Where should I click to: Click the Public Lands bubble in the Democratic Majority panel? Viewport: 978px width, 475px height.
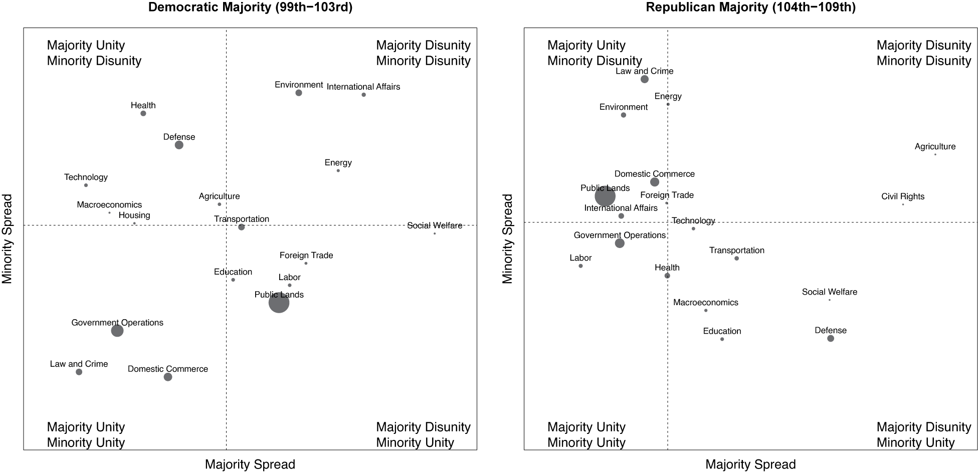tap(279, 303)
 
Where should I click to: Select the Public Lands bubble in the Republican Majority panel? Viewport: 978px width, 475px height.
tap(605, 196)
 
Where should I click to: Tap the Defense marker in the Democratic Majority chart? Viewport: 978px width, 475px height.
tap(179, 145)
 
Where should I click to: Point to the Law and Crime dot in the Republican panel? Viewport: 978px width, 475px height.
tap(645, 79)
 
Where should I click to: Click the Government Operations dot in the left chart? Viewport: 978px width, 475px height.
tap(117, 331)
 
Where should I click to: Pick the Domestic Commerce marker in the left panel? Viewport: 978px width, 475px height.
tap(168, 377)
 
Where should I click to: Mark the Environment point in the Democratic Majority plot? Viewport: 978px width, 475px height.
tap(299, 93)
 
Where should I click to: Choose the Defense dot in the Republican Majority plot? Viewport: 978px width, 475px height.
tap(831, 339)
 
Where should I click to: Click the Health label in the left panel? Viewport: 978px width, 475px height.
tap(143, 105)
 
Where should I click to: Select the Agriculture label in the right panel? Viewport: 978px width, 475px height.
tap(935, 146)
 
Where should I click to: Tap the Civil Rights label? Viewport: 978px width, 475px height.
tap(903, 196)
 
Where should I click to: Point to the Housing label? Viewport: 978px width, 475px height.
tap(134, 215)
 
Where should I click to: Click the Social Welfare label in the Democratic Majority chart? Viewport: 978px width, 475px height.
tap(435, 225)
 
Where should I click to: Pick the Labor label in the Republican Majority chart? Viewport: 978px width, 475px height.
tap(580, 258)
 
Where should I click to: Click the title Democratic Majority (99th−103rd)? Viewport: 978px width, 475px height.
tap(250, 8)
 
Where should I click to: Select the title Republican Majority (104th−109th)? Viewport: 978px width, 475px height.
tap(750, 8)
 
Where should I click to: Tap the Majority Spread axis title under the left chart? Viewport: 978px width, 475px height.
tap(250, 464)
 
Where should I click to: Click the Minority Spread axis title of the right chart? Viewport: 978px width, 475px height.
tap(508, 239)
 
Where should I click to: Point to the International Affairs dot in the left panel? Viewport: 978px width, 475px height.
tap(363, 95)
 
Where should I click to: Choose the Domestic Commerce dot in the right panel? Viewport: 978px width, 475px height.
tap(655, 182)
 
